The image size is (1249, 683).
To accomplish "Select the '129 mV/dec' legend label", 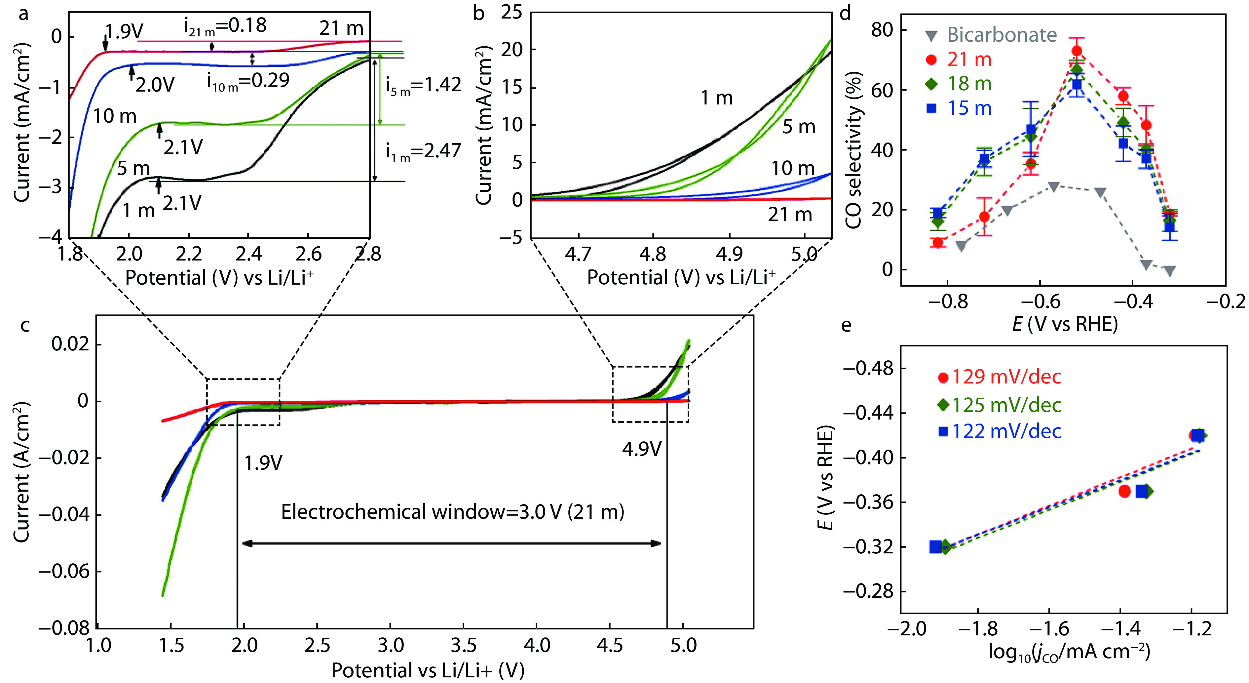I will [1006, 377].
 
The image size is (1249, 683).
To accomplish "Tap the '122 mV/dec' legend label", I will [1006, 431].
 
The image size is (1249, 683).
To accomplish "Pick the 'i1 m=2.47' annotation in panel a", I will [423, 151].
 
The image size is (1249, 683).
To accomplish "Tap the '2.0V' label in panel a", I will [155, 85].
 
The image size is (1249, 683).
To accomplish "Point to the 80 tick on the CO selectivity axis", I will [883, 30].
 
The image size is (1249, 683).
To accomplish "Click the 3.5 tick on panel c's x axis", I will [464, 646].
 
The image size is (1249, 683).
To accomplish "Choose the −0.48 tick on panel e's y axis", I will [868, 369].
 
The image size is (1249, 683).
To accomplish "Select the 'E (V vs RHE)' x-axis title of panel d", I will [1065, 324].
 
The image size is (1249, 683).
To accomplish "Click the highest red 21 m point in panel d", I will [1077, 51].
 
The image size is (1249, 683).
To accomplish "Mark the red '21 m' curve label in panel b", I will [789, 215].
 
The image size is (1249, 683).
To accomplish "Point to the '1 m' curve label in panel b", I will [716, 98].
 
